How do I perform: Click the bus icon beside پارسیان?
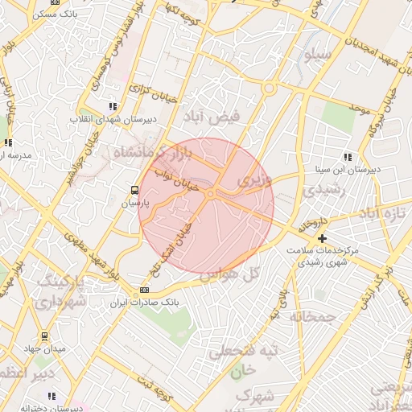(134, 191)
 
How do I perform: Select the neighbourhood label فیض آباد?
(213, 117)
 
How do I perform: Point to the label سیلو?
(312, 56)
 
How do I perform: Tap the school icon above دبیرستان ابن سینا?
(348, 157)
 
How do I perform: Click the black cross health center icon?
(322, 238)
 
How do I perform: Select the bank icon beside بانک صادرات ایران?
(144, 290)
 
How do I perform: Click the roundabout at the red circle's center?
(210, 194)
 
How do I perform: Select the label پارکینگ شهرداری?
(61, 291)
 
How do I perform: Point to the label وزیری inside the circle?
(256, 182)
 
